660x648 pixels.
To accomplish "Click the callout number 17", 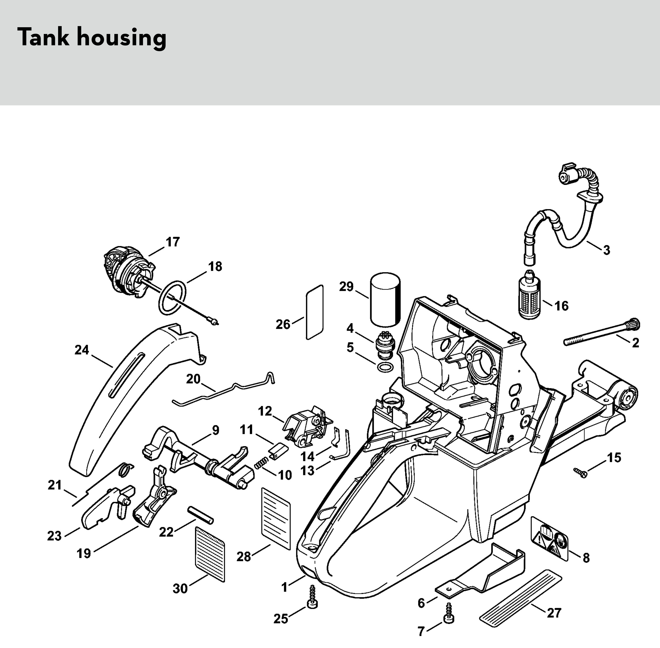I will [x=172, y=242].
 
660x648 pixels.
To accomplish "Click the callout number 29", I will [x=346, y=286].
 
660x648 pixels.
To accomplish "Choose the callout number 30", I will [x=180, y=588].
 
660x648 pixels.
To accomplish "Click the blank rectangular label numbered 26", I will [x=315, y=312].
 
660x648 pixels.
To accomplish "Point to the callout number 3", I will [x=606, y=250].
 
